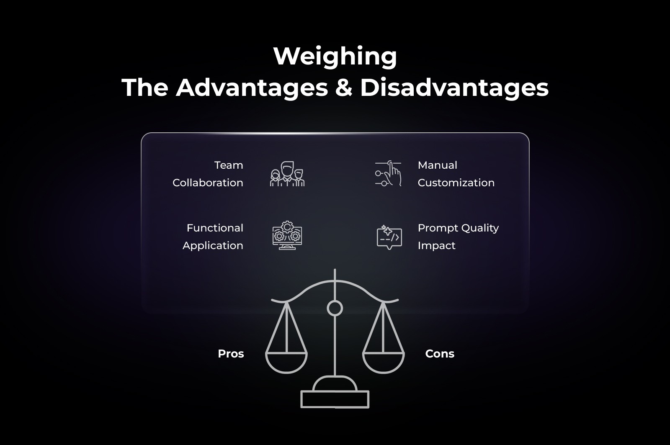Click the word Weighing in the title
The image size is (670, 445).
pos(335,57)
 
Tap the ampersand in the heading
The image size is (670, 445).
pos(343,88)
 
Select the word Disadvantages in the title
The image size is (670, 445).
pos(454,88)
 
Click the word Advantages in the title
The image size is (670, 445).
pos(252,88)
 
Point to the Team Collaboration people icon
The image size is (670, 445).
pos(287,174)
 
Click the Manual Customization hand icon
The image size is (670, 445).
pos(388,173)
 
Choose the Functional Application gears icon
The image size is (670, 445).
pos(287,236)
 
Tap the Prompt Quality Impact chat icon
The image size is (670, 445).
pos(389,237)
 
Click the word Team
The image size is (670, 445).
pos(229,165)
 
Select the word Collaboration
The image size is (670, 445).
pos(208,183)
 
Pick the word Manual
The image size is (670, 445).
pos(437,165)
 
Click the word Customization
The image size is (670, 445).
pos(456,183)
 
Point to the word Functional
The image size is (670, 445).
pos(215,228)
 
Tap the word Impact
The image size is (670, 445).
pos(436,246)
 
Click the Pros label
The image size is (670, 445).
pos(231,354)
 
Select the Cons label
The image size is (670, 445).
pos(440,354)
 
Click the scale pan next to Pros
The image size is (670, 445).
pos(286,362)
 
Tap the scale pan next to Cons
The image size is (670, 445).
pos(383,362)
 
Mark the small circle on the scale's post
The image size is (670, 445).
pos(335,309)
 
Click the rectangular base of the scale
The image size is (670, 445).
pos(335,399)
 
